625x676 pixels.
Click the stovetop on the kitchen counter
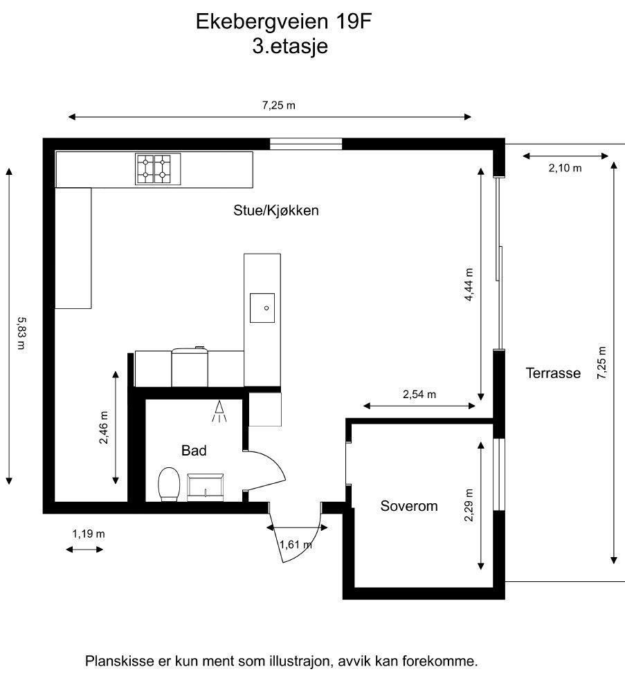pyautogui.click(x=158, y=169)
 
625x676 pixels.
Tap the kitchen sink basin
pyautogui.click(x=262, y=308)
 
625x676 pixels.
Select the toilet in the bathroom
pyautogui.click(x=169, y=485)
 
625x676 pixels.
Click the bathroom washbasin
pyautogui.click(x=206, y=487)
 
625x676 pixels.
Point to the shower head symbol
pyautogui.click(x=219, y=411)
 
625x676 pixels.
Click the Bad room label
pyautogui.click(x=194, y=451)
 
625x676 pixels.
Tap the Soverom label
pyautogui.click(x=409, y=506)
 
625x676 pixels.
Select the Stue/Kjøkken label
pyautogui.click(x=276, y=210)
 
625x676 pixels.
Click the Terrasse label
pyautogui.click(x=553, y=373)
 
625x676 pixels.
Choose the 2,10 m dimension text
pyautogui.click(x=565, y=168)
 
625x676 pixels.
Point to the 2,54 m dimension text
pyautogui.click(x=419, y=395)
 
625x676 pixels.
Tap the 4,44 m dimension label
pyautogui.click(x=469, y=285)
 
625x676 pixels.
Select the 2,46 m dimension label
pyautogui.click(x=104, y=428)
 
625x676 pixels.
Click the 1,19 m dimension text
pyautogui.click(x=89, y=534)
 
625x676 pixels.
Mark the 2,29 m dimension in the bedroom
pyautogui.click(x=469, y=505)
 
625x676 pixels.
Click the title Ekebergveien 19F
pyautogui.click(x=284, y=21)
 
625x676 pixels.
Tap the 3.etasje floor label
pyautogui.click(x=290, y=46)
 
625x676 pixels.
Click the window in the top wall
pyautogui.click(x=306, y=144)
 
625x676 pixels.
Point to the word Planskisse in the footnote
pyautogui.click(x=118, y=661)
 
